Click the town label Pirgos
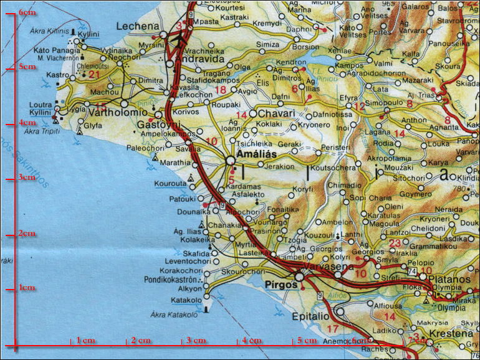click(279, 285)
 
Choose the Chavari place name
click(276, 114)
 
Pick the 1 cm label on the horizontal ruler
click(85, 341)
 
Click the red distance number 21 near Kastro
click(94, 75)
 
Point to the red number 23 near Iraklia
click(395, 243)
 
